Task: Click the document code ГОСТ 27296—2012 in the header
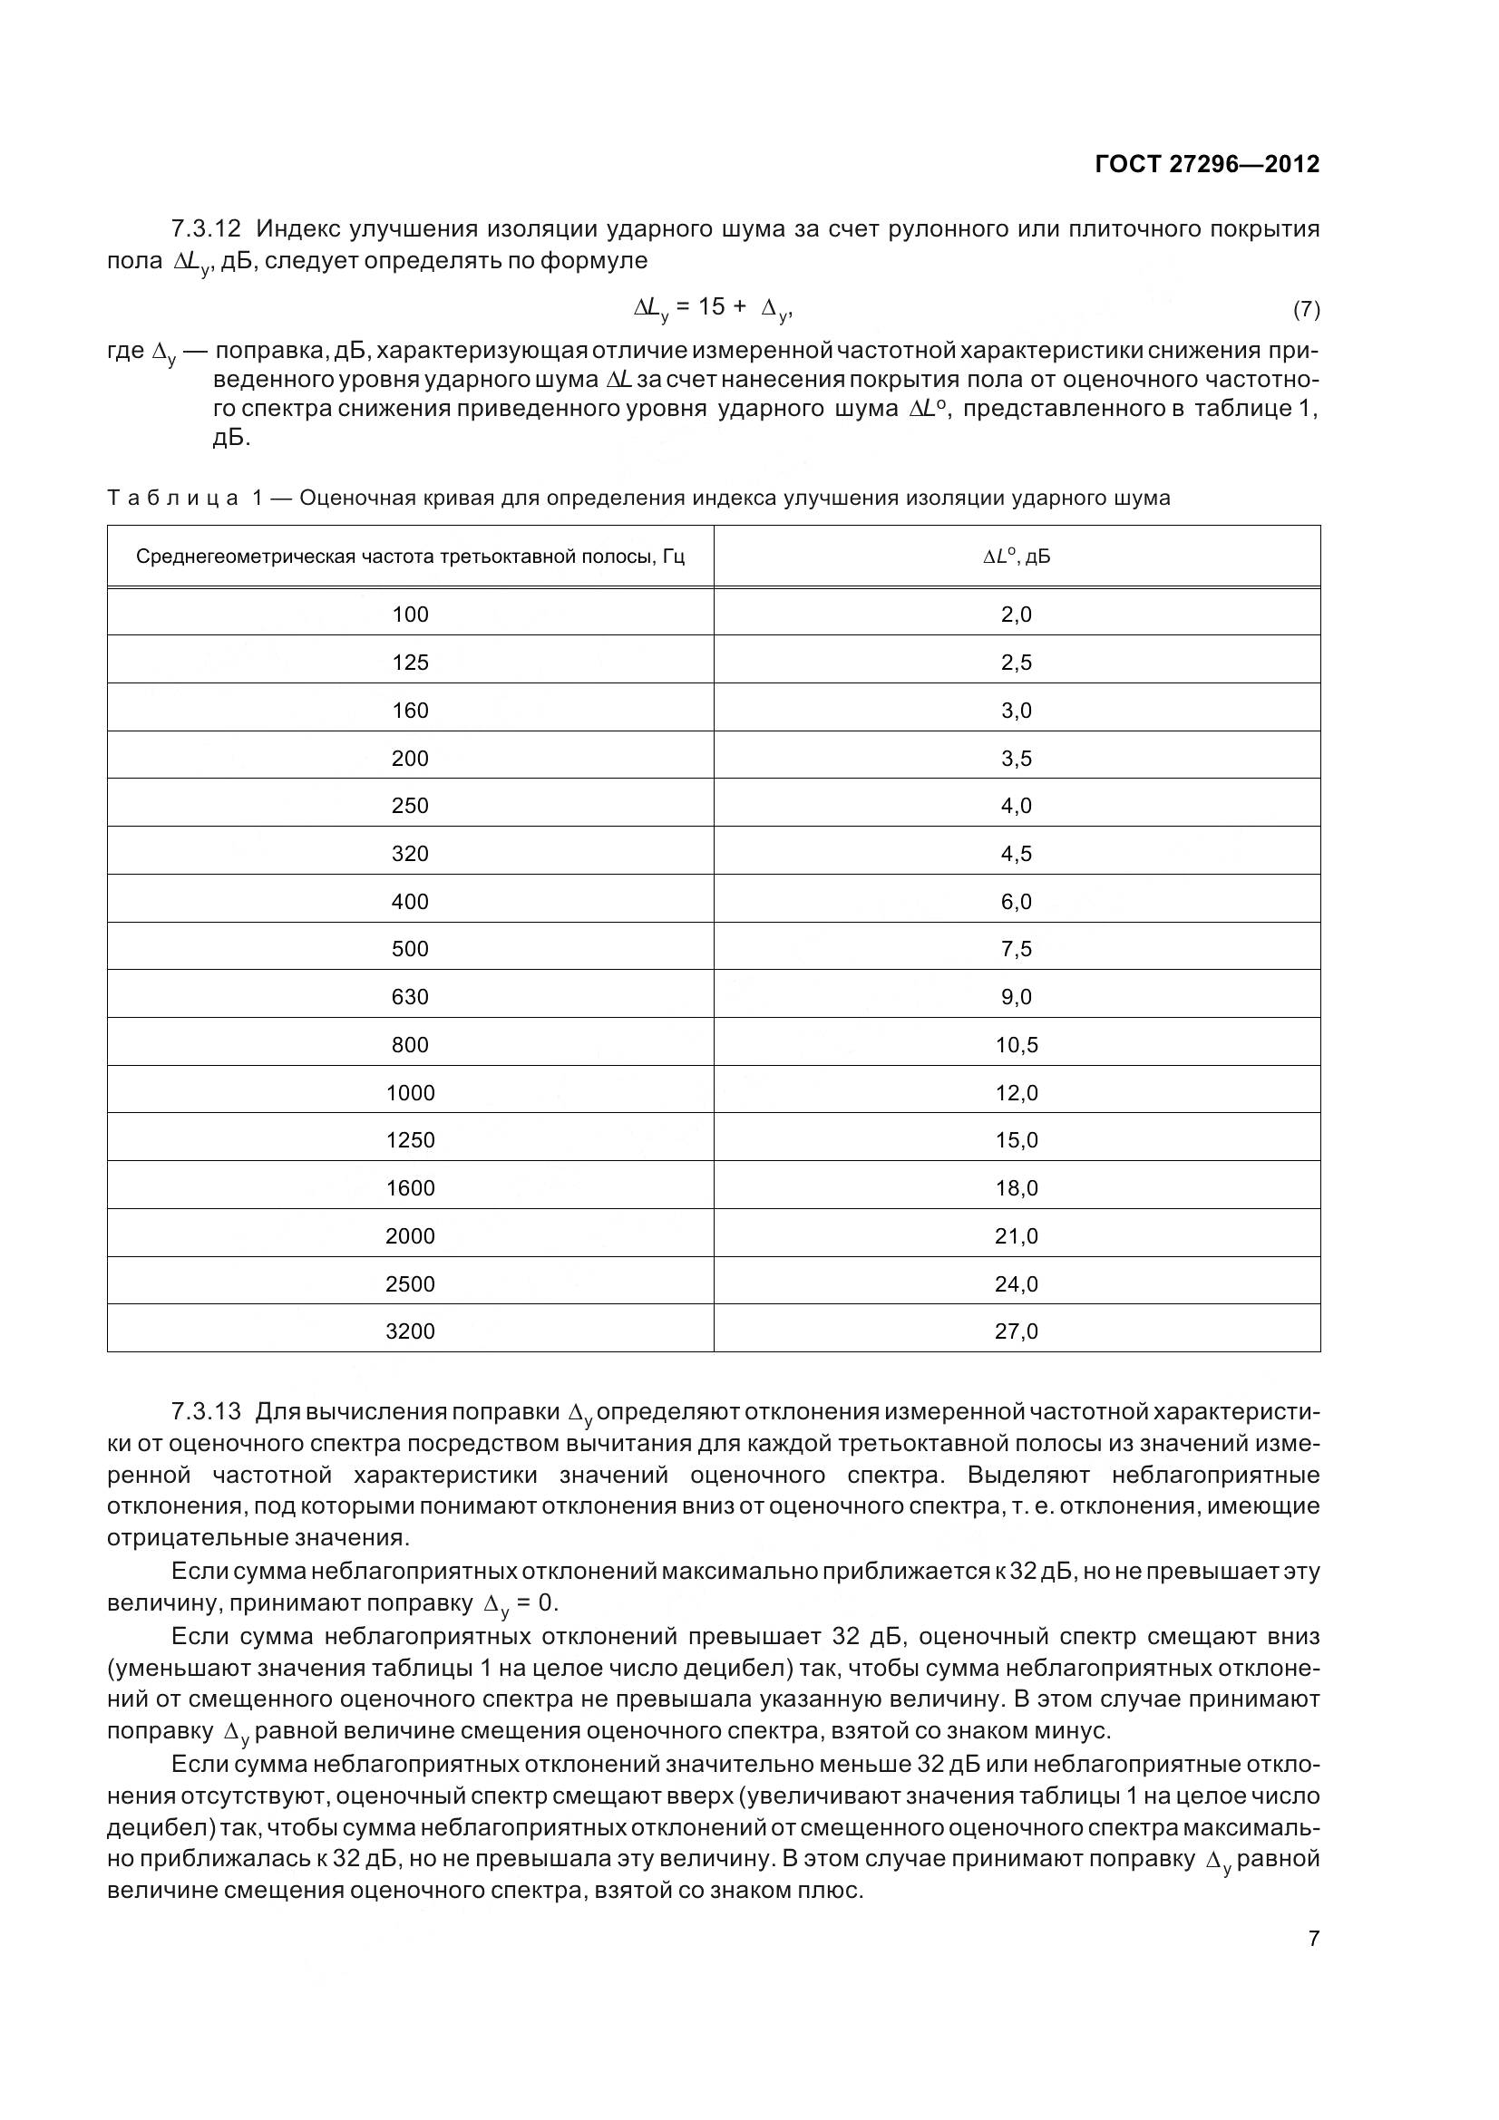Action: pos(1206,164)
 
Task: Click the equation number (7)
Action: pos(1305,309)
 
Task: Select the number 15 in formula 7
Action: pos(711,307)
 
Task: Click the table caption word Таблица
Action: pos(173,499)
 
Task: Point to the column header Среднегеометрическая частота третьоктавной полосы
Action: pos(410,557)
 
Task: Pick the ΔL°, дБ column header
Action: pos(1016,557)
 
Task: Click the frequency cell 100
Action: pos(410,615)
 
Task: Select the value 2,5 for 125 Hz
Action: pos(1016,663)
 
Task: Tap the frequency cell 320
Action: pos(410,854)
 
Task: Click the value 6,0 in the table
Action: pos(1016,902)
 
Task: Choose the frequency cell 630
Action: pos(410,997)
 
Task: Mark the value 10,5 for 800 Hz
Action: pos(1016,1045)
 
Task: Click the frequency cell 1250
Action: pos(410,1140)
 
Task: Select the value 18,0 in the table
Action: pos(1016,1188)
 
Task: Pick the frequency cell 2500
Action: pos(410,1284)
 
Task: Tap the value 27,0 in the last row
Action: pos(1016,1331)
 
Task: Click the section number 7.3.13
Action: pos(205,1413)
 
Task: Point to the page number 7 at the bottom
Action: pos(1313,1939)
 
